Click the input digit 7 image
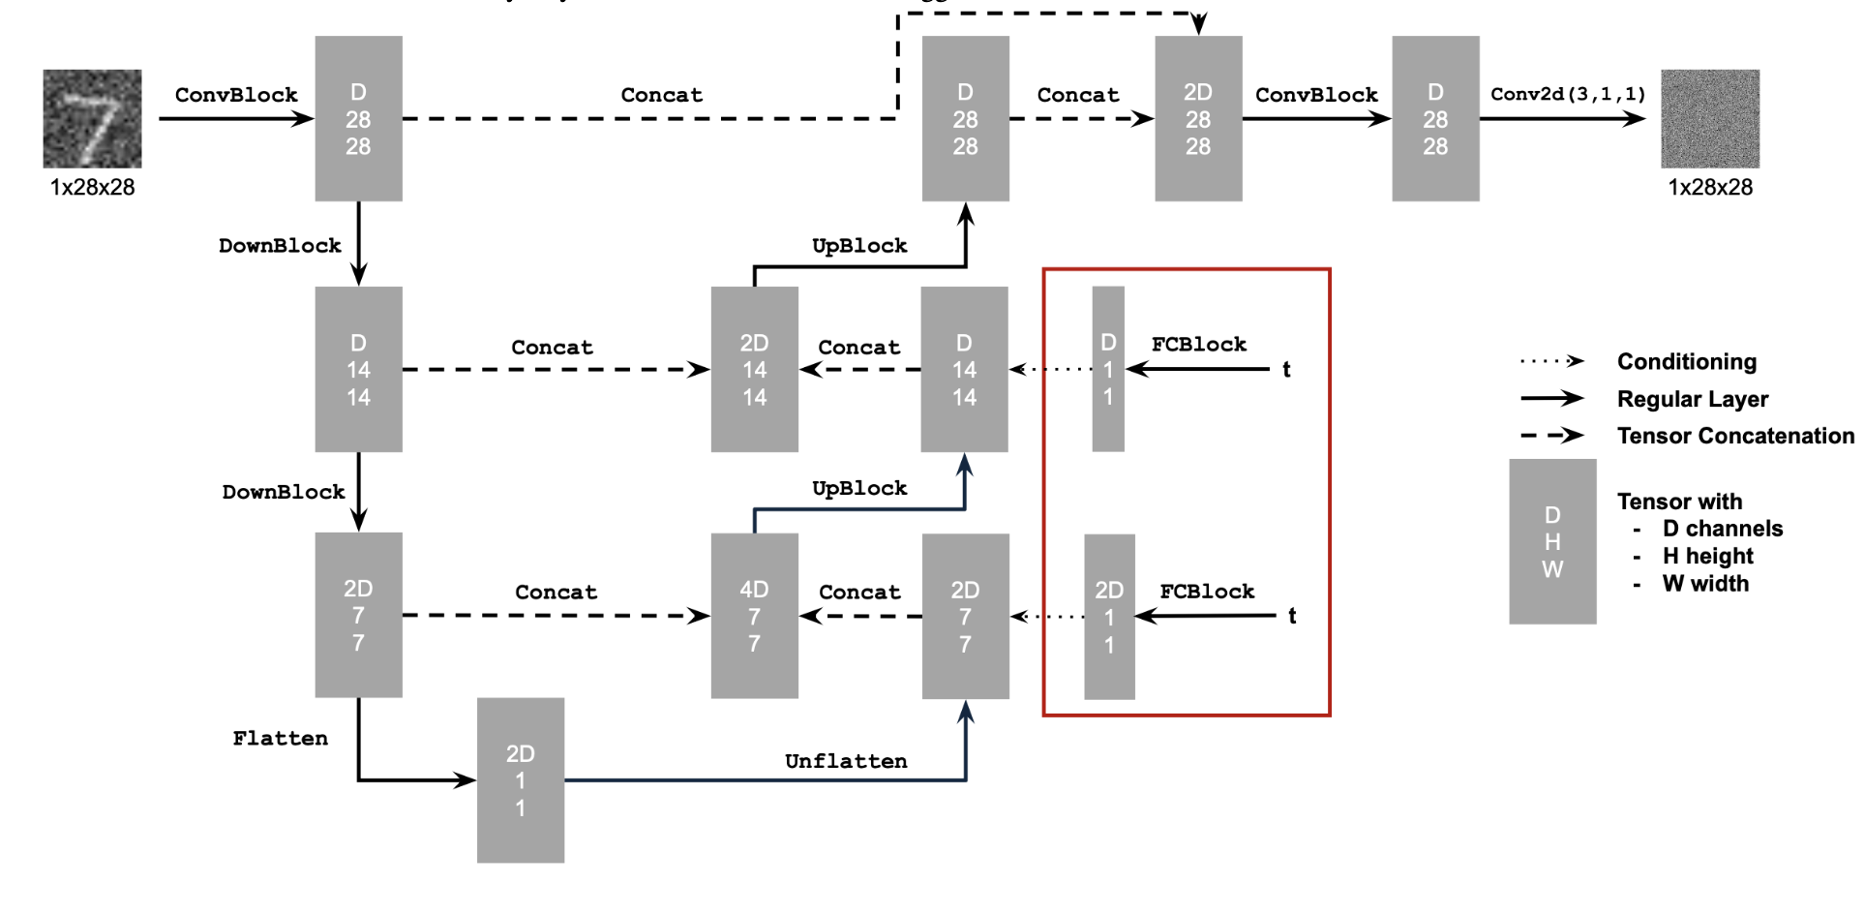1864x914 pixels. pyautogui.click(x=92, y=118)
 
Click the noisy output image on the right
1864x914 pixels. pyautogui.click(x=1710, y=118)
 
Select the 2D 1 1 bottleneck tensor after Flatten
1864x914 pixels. pyautogui.click(x=520, y=780)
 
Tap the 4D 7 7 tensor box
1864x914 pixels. pyautogui.click(x=754, y=616)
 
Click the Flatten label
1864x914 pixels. pyautogui.click(x=280, y=739)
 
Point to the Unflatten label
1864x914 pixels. pyautogui.click(x=846, y=761)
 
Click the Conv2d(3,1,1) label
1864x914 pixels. pyautogui.click(x=1568, y=94)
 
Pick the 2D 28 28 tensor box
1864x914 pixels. pyautogui.click(x=1198, y=118)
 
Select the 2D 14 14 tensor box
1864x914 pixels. pyautogui.click(x=754, y=369)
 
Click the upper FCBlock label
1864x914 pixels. pyautogui.click(x=1199, y=344)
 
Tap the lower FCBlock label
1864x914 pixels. pyautogui.click(x=1207, y=591)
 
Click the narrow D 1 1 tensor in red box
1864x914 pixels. pyautogui.click(x=1108, y=369)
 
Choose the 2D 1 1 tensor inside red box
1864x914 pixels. pyautogui.click(x=1109, y=617)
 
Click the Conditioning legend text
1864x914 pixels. pyautogui.click(x=1686, y=361)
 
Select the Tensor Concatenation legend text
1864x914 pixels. pyautogui.click(x=1735, y=436)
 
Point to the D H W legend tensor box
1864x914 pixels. pyautogui.click(x=1552, y=541)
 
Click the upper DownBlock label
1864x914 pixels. pyautogui.click(x=280, y=246)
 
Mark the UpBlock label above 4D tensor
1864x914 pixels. pyautogui.click(x=859, y=488)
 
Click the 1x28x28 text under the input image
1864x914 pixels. pyautogui.click(x=92, y=187)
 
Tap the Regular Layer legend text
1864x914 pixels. pyautogui.click(x=1692, y=399)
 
